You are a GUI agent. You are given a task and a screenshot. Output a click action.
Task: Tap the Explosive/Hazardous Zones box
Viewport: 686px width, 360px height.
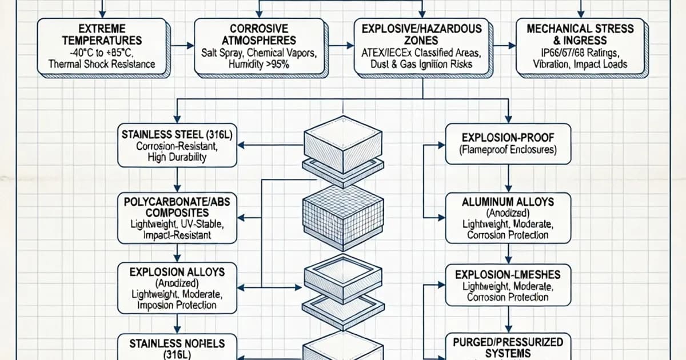[x=422, y=47]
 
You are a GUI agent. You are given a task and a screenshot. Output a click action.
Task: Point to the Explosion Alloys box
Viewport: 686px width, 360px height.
[x=177, y=288]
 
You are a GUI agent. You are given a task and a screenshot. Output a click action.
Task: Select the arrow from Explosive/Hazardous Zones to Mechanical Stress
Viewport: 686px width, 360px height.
[x=504, y=45]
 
